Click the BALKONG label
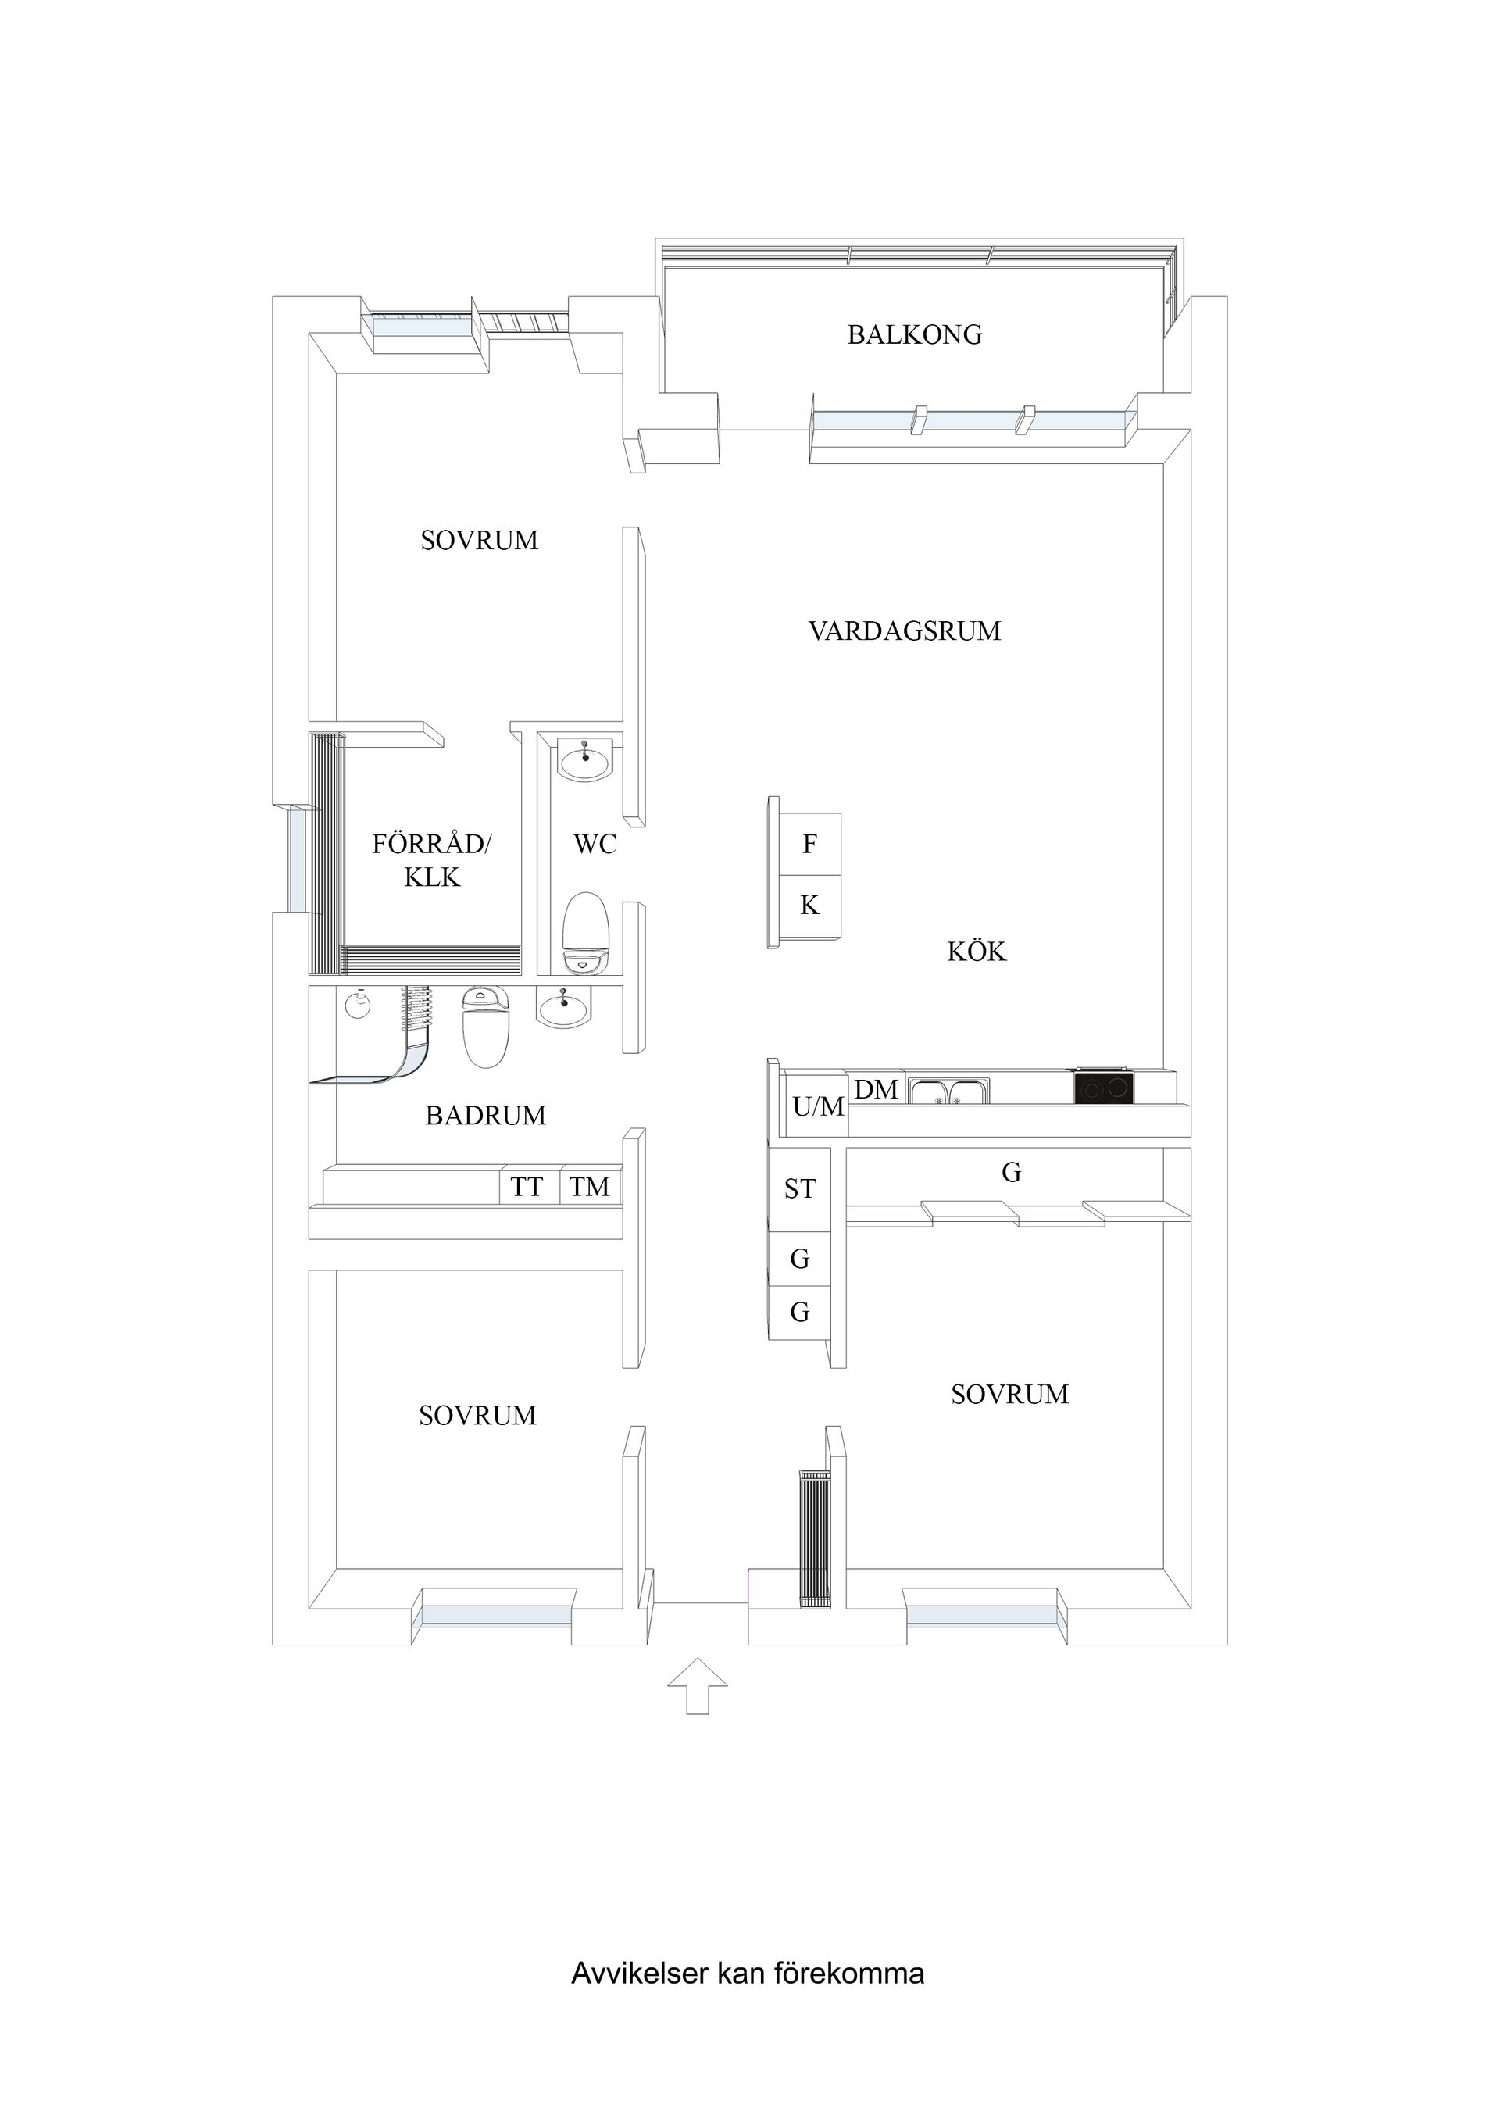914,334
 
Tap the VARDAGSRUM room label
904,631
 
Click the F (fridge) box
809,844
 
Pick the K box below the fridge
809,906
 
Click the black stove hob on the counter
1102,1088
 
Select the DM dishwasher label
876,1090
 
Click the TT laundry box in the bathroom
527,1187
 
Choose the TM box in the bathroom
590,1187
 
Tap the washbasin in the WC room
584,763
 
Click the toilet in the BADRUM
485,1026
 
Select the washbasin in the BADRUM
562,1007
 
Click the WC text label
595,844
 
